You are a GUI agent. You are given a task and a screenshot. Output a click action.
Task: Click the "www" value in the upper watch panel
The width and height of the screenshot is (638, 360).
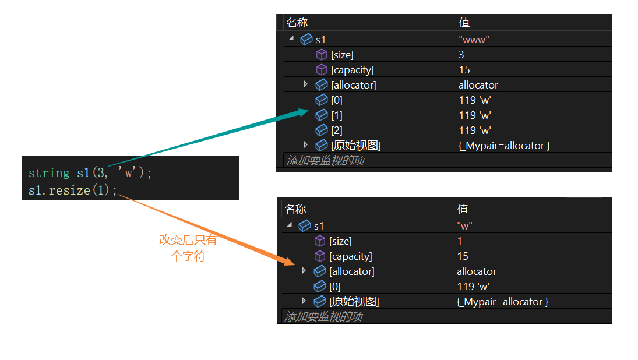474,40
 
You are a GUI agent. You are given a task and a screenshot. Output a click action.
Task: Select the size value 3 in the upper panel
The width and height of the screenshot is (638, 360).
461,55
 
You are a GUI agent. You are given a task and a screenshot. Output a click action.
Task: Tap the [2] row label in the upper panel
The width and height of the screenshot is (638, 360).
337,130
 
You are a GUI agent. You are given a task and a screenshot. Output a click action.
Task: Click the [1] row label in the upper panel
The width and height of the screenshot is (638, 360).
337,115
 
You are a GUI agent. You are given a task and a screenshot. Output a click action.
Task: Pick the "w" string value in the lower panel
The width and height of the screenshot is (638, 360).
464,226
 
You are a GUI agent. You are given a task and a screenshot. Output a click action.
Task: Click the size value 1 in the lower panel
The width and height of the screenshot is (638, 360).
460,241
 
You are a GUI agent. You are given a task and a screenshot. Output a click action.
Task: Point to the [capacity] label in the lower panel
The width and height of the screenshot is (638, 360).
350,256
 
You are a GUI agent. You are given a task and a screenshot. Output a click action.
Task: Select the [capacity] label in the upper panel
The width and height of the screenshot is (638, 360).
352,70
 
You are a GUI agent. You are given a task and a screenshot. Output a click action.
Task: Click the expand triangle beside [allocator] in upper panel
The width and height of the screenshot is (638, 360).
306,84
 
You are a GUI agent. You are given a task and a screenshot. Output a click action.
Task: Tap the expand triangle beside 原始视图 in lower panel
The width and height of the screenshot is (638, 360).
304,301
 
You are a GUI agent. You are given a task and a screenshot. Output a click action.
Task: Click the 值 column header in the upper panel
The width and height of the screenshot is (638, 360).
464,23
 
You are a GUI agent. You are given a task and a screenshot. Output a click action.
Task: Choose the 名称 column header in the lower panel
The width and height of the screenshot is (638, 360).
295,209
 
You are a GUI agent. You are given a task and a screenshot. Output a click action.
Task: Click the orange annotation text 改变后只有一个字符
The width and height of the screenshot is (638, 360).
188,248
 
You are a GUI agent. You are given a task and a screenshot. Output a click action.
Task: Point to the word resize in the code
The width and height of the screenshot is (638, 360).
69,190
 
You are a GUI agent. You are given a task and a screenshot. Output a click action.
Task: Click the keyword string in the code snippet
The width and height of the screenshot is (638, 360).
49,173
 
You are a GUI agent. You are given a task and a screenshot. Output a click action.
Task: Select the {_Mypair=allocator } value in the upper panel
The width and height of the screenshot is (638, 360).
505,146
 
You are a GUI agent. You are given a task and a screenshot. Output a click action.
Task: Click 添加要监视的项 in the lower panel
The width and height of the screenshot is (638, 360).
323,316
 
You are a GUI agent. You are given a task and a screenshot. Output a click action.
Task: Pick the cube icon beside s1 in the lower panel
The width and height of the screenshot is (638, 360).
304,226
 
